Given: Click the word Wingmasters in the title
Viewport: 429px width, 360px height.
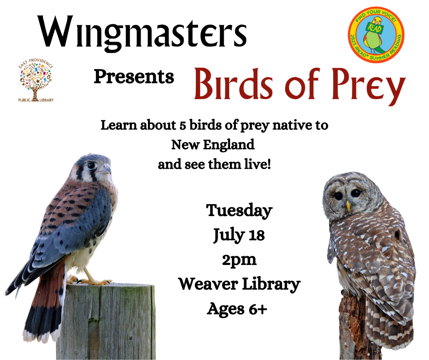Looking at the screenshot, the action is (x=142, y=33).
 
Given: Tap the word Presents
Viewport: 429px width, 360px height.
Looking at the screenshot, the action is (x=134, y=76).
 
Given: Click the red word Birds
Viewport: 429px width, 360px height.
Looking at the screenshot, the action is (x=234, y=83).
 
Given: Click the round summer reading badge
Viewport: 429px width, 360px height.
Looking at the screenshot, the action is (x=376, y=35).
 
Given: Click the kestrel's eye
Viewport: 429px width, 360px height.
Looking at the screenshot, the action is (x=91, y=165).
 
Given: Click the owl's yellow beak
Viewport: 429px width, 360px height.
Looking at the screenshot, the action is (x=348, y=206).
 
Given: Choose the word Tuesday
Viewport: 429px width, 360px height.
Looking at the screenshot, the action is (x=239, y=211).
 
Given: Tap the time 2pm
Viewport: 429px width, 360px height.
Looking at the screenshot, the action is (x=239, y=260).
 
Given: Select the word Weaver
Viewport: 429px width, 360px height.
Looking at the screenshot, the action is (x=208, y=284).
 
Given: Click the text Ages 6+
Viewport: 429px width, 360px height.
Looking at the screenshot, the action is (x=237, y=309).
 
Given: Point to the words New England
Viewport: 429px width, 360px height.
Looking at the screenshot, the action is (x=213, y=145).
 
